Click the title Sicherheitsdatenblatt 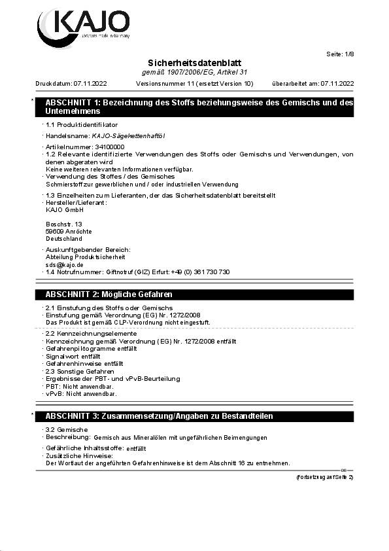[x=194, y=62]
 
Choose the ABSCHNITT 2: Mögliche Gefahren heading [x=109, y=294]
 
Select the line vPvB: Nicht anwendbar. [x=81, y=394]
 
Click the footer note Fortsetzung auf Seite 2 [x=324, y=477]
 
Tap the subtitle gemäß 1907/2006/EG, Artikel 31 [x=194, y=71]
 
